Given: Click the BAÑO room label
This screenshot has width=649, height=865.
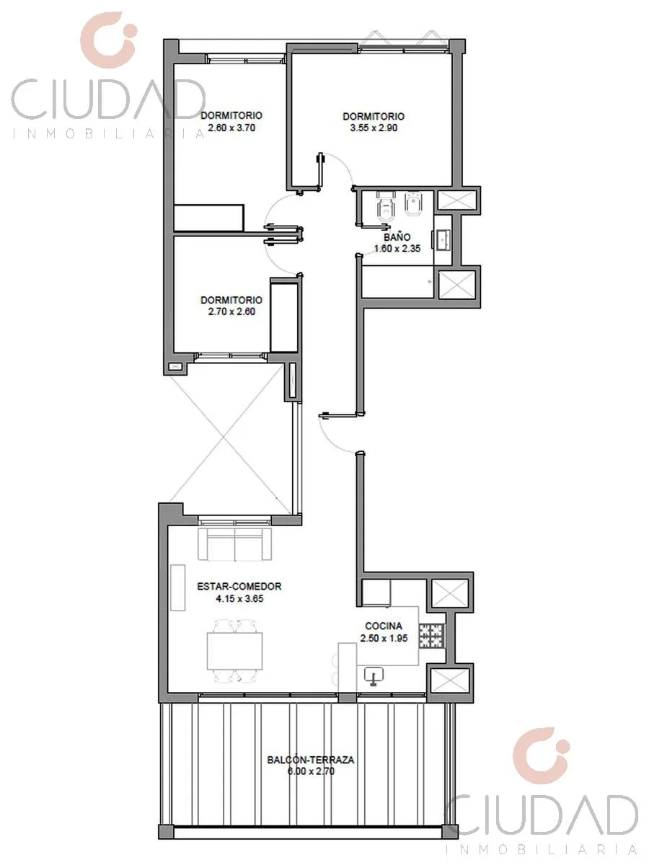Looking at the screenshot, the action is click(x=397, y=237).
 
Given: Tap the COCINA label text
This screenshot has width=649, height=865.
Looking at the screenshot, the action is click(x=384, y=626).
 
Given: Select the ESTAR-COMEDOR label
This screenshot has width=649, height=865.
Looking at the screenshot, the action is click(x=239, y=586).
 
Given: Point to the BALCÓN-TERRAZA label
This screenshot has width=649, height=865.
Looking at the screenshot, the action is click(x=311, y=759).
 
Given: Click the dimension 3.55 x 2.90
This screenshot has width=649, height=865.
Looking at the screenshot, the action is click(x=374, y=128).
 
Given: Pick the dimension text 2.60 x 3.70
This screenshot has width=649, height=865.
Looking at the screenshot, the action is click(x=231, y=128).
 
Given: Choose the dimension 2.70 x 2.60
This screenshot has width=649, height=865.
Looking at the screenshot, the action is click(x=231, y=311).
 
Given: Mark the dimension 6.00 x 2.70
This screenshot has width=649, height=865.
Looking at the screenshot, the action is click(x=311, y=771).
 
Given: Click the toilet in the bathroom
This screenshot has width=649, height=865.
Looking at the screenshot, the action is click(x=384, y=206).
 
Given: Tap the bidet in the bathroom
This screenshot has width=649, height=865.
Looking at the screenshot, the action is click(x=413, y=205).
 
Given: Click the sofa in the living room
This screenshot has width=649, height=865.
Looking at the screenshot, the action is click(x=235, y=544).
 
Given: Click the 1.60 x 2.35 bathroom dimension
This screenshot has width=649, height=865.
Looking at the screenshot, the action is click(x=397, y=249).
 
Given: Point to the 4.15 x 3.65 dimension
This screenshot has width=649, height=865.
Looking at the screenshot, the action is click(x=239, y=598).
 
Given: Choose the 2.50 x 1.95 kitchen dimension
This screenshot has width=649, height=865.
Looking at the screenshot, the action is click(x=384, y=638).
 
